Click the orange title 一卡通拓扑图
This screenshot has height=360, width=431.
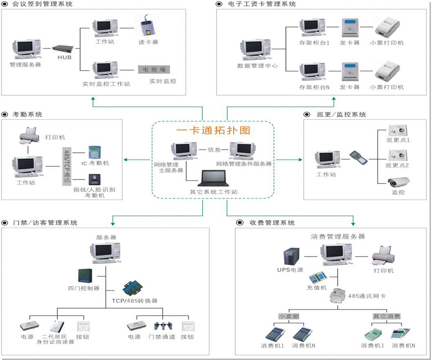coord(213,131)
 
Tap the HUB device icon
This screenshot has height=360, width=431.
coord(64,48)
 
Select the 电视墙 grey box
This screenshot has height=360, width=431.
coord(154,69)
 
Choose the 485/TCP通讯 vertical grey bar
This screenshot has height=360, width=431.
coord(67,168)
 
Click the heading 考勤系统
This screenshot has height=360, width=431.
coord(27,114)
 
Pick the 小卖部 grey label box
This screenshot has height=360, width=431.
coord(289,316)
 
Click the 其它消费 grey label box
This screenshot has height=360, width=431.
coord(387,316)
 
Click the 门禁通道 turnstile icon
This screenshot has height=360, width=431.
coord(160,326)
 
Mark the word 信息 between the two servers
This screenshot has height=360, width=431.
coord(214,149)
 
